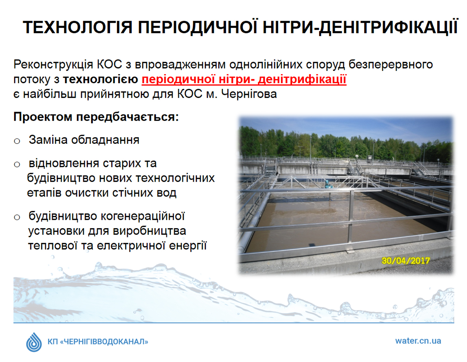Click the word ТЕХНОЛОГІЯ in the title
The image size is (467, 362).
click(77, 27)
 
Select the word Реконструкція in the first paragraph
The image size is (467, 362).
click(53, 65)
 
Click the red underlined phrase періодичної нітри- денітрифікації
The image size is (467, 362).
click(244, 79)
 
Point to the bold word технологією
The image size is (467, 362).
click(100, 79)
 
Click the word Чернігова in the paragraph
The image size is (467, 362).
click(249, 94)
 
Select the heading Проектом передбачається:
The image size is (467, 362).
click(96, 117)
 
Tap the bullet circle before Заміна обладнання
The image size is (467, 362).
click(17, 141)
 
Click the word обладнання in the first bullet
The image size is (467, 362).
click(105, 140)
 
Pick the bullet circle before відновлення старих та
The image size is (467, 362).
click(17, 164)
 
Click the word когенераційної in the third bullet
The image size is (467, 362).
click(143, 216)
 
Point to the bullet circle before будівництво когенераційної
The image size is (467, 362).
click(17, 217)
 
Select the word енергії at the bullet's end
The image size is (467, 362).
click(188, 246)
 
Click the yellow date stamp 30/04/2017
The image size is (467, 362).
click(406, 260)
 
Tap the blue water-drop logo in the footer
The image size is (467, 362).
click(34, 342)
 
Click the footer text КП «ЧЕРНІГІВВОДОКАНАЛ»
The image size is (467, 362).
click(98, 342)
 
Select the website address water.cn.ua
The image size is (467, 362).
click(418, 341)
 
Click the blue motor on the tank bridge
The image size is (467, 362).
click(327, 183)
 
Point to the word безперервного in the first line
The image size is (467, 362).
click(391, 65)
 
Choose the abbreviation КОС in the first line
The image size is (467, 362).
click(109, 64)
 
